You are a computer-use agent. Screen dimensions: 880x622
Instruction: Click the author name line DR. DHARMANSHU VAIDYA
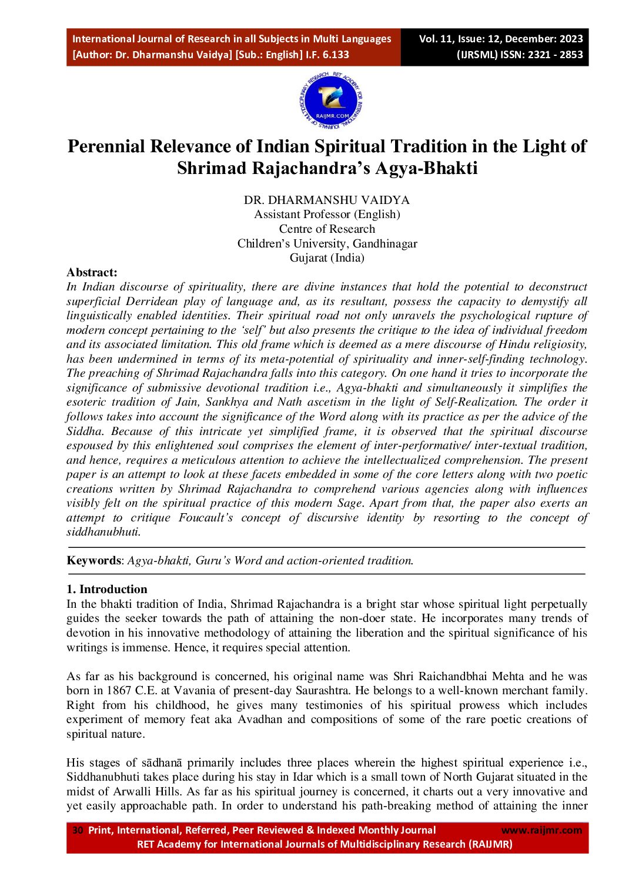tap(327, 200)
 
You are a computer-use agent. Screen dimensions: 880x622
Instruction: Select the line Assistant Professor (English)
tap(327, 215)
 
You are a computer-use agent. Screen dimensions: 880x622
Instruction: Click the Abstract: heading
tap(92, 272)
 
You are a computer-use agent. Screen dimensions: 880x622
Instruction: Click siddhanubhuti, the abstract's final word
tap(102, 532)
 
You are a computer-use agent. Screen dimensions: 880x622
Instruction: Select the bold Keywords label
tap(93, 561)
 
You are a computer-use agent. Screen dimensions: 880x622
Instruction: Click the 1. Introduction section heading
tap(107, 590)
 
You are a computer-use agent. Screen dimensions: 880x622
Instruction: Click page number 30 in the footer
tap(78, 831)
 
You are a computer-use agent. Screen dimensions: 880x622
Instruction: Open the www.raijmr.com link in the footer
tap(541, 831)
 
